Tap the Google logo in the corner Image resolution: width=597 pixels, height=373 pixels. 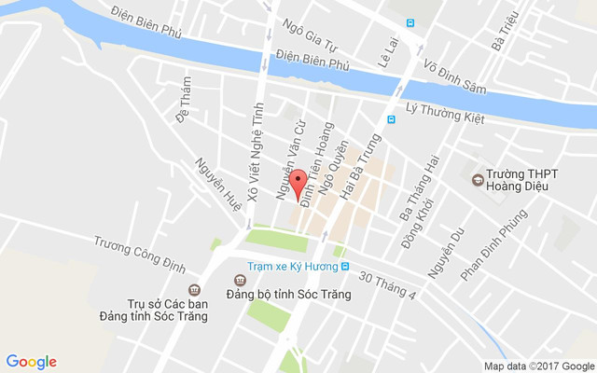[32, 362]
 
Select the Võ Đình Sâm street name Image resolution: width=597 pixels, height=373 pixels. [455, 78]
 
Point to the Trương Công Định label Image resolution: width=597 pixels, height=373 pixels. [136, 254]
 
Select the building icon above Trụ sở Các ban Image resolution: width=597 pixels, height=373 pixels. [194, 289]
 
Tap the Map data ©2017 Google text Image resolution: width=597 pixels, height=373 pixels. [539, 366]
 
